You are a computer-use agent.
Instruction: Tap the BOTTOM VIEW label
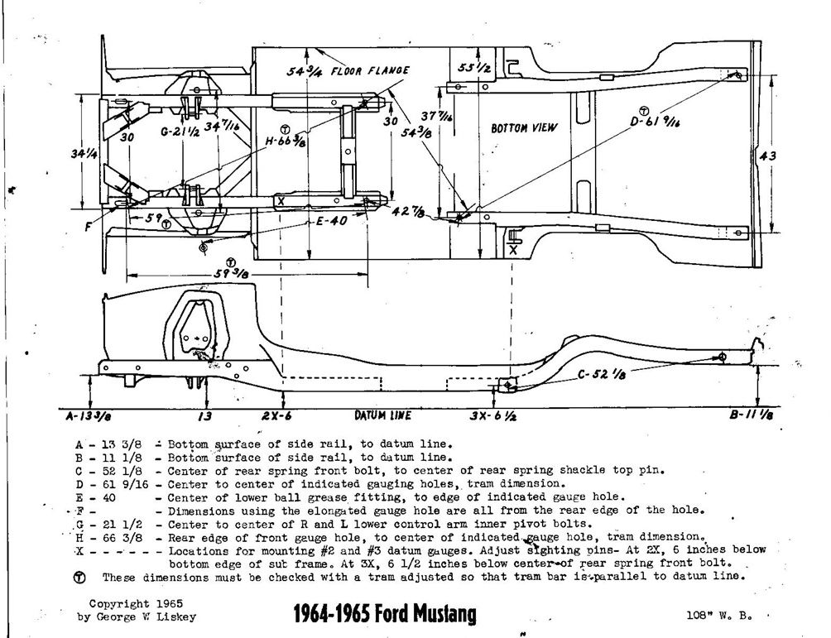click(x=525, y=128)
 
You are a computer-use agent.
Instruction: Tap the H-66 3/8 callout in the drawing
click(x=288, y=141)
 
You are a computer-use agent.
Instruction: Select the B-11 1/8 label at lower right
click(x=752, y=416)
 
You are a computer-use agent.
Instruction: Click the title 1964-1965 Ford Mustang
click(x=385, y=614)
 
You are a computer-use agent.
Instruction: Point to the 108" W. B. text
click(x=718, y=615)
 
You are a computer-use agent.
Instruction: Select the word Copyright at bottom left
click(x=119, y=603)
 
